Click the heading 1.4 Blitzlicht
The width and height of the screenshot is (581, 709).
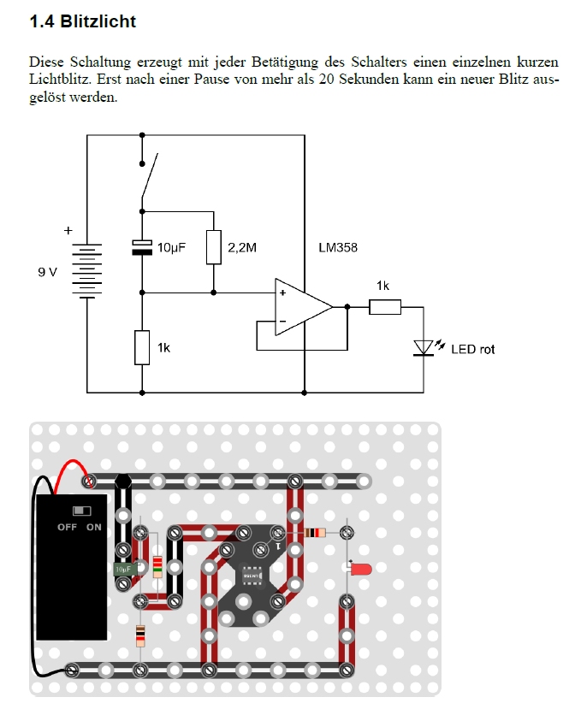pyautogui.click(x=82, y=21)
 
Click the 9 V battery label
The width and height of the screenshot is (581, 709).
pyautogui.click(x=47, y=272)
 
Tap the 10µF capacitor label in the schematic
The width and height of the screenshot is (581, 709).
pyautogui.click(x=171, y=248)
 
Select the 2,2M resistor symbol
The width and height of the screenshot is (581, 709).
pyautogui.click(x=214, y=247)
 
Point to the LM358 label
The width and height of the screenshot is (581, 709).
pyautogui.click(x=337, y=248)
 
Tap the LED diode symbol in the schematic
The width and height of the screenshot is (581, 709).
pyautogui.click(x=423, y=347)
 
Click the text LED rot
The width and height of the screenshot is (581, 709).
pyautogui.click(x=472, y=349)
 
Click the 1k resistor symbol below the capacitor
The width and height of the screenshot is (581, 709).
pyautogui.click(x=142, y=347)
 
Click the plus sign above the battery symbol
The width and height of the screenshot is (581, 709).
pyautogui.click(x=68, y=230)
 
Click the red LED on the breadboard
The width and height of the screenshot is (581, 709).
pyautogui.click(x=359, y=569)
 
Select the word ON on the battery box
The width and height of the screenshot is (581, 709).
pyautogui.click(x=94, y=527)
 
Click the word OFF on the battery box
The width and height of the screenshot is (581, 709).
pyautogui.click(x=67, y=527)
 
